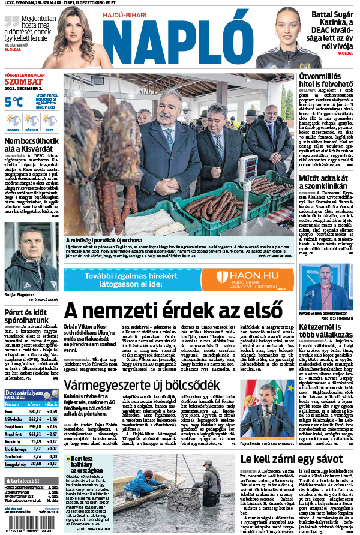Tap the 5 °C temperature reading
pos(14,101)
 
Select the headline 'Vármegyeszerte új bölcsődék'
pos(142,384)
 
